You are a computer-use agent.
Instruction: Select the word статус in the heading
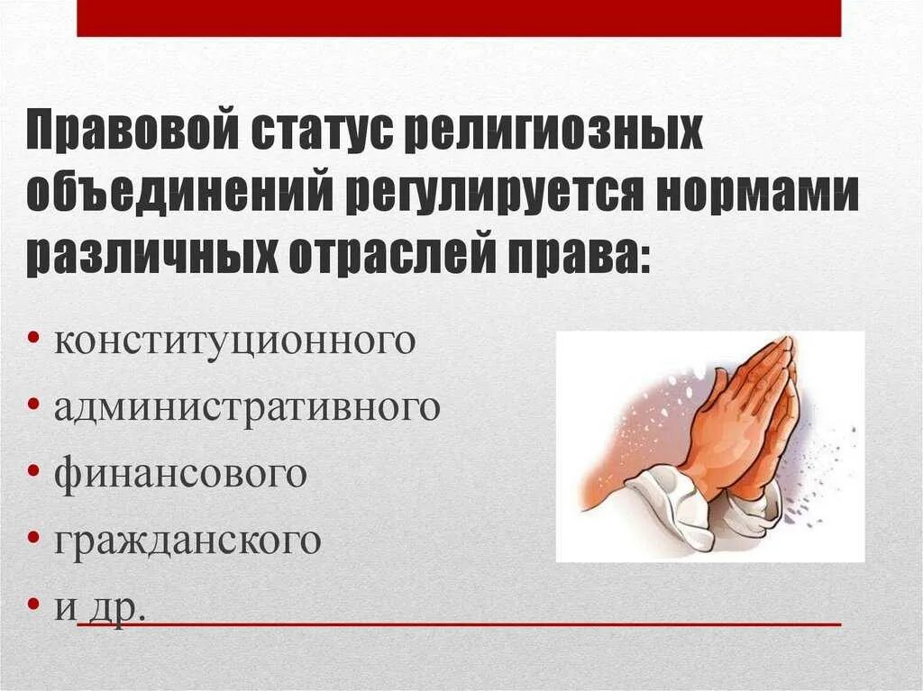click(310, 132)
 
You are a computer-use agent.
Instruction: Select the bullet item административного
click(247, 409)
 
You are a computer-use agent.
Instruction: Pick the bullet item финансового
click(180, 475)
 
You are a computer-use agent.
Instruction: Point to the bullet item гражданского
click(187, 541)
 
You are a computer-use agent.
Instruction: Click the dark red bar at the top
click(459, 18)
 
